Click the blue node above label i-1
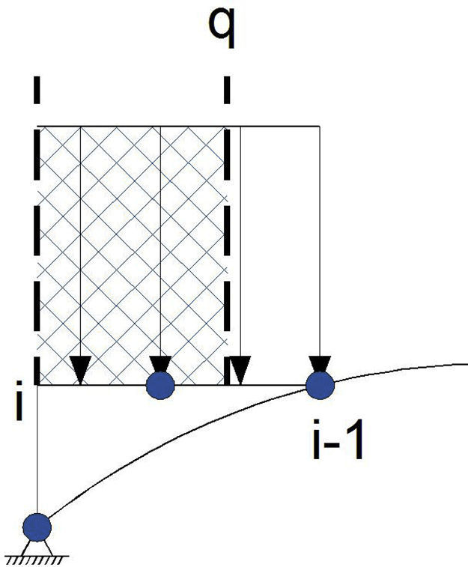click(320, 386)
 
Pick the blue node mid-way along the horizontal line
click(160, 386)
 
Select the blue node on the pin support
click(37, 527)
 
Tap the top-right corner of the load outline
click(320, 127)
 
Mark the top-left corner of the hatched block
click(37, 127)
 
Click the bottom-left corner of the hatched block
click(37, 385)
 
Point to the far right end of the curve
click(466, 365)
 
